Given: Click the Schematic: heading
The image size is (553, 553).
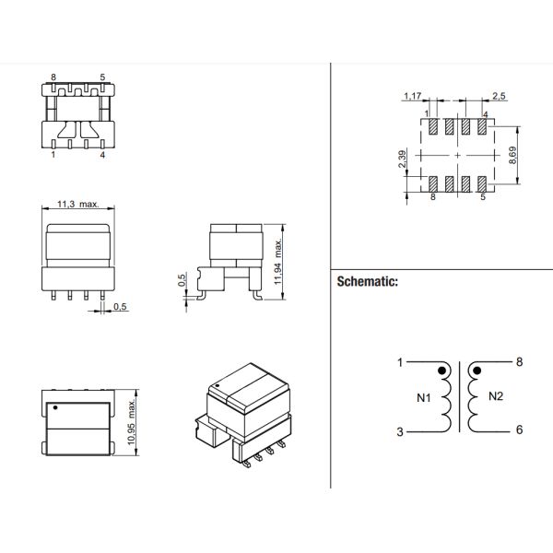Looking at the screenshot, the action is (x=367, y=281).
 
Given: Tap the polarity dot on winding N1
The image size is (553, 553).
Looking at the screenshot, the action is (x=441, y=371).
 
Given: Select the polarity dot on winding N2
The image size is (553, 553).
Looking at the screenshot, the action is (x=477, y=371).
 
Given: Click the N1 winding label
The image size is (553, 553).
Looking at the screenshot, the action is (x=424, y=398).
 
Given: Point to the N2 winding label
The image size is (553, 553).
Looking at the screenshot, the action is (x=496, y=396).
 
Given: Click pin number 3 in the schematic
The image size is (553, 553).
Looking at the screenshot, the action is (x=400, y=431).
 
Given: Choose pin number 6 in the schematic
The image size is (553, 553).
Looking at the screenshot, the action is (x=519, y=429).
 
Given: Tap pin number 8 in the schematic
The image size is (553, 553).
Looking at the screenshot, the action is (x=519, y=362).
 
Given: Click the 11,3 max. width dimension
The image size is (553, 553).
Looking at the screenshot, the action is (x=78, y=204).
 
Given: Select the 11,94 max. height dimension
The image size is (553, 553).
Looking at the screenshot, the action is (x=278, y=262).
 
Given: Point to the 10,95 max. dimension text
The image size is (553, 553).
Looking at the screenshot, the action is (x=132, y=422).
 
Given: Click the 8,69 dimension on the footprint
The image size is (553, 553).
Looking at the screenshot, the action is (x=512, y=155).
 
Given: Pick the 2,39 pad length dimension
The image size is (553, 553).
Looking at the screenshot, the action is (x=402, y=159).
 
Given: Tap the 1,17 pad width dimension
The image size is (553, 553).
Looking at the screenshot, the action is (x=412, y=96).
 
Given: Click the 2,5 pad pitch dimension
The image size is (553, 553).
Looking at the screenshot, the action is (x=499, y=96).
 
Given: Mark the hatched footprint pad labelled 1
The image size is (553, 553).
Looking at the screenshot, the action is (x=433, y=126).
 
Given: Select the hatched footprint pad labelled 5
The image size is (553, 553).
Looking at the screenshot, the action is (x=482, y=184).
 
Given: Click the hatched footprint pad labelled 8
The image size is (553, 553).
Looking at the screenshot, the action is (x=433, y=184).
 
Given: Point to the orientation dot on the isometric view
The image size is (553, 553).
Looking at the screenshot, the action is (x=218, y=385).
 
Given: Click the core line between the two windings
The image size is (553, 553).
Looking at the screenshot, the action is (x=460, y=396).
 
